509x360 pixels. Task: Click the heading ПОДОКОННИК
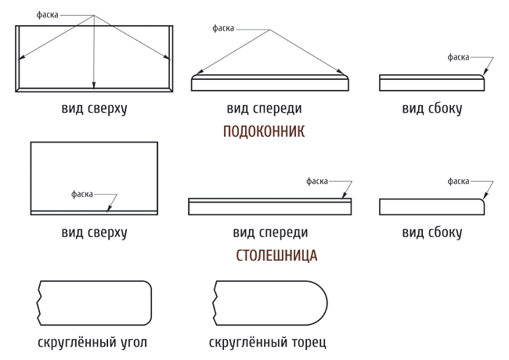[264, 131]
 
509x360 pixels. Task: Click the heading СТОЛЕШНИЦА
[276, 256]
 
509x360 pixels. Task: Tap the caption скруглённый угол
[92, 343]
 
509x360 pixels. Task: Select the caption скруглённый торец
[268, 343]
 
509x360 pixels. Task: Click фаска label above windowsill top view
[48, 15]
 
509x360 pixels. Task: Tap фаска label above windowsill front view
[223, 28]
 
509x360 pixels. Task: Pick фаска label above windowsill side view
[458, 57]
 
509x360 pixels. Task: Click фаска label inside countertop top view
[82, 194]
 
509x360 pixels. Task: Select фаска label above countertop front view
[317, 182]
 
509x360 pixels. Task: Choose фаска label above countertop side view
[458, 182]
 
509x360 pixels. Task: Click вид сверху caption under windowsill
[94, 108]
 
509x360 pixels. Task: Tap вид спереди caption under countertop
[270, 232]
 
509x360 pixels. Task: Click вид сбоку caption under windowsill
[431, 108]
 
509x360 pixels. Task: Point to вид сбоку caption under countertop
[431, 232]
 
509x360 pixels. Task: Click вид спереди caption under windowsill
[264, 108]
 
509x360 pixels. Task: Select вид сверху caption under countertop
[94, 232]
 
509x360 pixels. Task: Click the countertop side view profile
[431, 214]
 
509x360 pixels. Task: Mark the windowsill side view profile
[431, 91]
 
